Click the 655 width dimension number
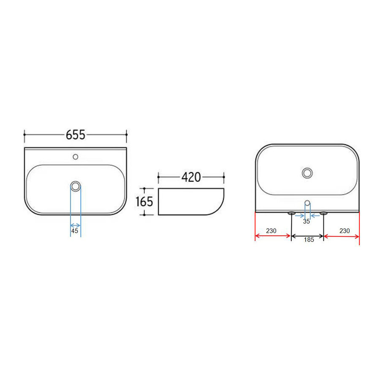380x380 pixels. coord(76,135)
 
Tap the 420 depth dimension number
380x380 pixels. coord(191,177)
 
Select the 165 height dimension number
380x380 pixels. coord(144,202)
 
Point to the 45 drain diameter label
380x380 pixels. coord(75,231)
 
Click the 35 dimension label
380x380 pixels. coord(307,221)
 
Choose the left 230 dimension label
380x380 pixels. coord(271,231)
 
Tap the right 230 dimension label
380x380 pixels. coord(344,231)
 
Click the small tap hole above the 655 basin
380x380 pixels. coord(76,157)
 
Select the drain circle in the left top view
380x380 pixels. coord(76,186)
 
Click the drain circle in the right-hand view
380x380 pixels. coord(307,173)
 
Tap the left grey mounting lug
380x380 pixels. coord(291,213)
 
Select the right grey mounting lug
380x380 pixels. coord(323,213)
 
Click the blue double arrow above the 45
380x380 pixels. coord(75,225)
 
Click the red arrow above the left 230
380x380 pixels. coord(273,236)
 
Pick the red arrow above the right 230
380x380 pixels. coord(341,236)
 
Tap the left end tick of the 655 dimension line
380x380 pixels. coord(24,135)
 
